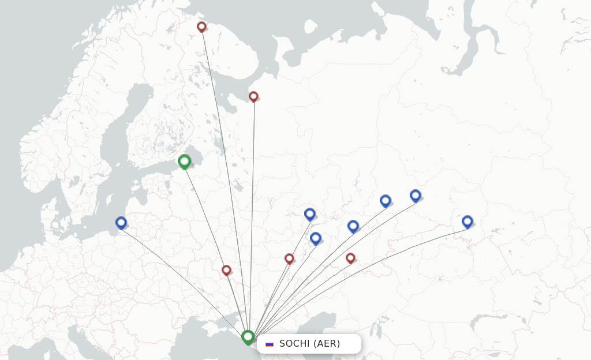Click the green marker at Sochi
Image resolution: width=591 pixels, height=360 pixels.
tap(248, 336)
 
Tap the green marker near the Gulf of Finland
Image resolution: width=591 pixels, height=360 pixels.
tap(184, 162)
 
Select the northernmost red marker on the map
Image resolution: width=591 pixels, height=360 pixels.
tap(201, 27)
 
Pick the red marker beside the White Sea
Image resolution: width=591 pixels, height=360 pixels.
tap(253, 96)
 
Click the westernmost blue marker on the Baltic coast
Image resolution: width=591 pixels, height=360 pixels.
tap(121, 222)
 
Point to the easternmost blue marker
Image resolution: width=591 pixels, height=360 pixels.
tap(467, 221)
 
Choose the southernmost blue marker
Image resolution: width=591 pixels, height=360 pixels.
tap(315, 238)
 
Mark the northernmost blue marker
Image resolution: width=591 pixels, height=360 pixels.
tap(415, 195)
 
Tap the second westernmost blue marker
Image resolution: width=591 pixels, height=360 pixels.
tap(309, 213)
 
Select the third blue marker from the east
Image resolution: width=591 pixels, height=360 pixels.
tap(386, 200)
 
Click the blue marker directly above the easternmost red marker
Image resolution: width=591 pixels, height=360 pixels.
tap(353, 226)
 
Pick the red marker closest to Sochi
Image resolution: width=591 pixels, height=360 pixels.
tap(226, 270)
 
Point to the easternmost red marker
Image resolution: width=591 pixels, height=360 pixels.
tap(350, 258)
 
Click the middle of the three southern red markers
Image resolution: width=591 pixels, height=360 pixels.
tap(289, 258)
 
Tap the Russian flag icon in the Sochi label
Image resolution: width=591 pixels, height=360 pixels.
tap(270, 344)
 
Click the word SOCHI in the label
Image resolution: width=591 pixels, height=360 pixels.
tap(294, 344)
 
